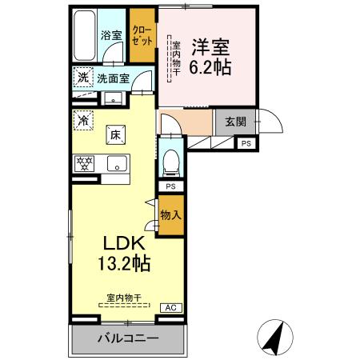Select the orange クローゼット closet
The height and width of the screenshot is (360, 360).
pyautogui.click(x=142, y=36)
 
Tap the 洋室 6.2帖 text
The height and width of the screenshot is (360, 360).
pyautogui.click(x=210, y=58)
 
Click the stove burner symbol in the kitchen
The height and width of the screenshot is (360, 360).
pyautogui.click(x=83, y=164)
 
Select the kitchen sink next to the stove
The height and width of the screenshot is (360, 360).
pyautogui.click(x=117, y=165)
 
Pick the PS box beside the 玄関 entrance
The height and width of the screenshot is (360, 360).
pyautogui.click(x=246, y=143)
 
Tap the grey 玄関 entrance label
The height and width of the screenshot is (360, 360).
pyautogui.click(x=235, y=122)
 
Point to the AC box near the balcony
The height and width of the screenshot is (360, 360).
pyautogui.click(x=170, y=307)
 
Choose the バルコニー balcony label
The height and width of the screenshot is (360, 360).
pyautogui.click(x=128, y=338)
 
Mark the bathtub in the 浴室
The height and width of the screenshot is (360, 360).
pyautogui.click(x=83, y=36)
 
